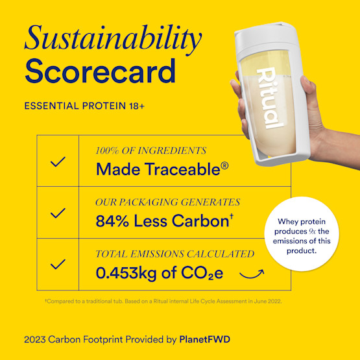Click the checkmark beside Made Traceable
58,161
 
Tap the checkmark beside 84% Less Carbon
58,212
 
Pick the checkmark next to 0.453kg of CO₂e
58,264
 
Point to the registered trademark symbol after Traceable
224,166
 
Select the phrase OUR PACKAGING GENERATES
167,202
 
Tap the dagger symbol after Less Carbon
232,217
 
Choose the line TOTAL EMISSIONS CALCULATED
174,254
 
